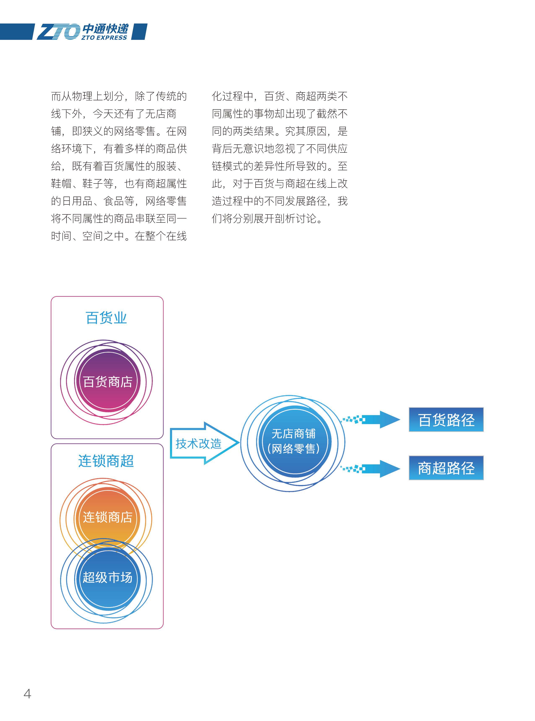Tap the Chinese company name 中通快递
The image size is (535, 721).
pos(105,29)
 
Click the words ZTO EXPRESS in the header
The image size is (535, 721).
pos(104,38)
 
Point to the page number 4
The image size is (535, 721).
pos(27,694)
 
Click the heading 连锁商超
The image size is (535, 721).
pos(106,461)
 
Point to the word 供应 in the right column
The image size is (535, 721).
pos(337,149)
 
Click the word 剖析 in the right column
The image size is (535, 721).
pos(285,219)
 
